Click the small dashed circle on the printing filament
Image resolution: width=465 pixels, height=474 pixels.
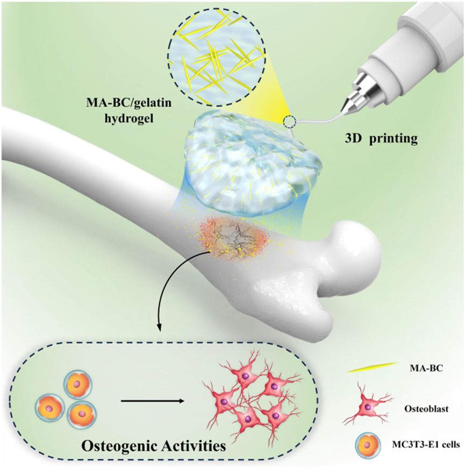pos(291,122)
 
